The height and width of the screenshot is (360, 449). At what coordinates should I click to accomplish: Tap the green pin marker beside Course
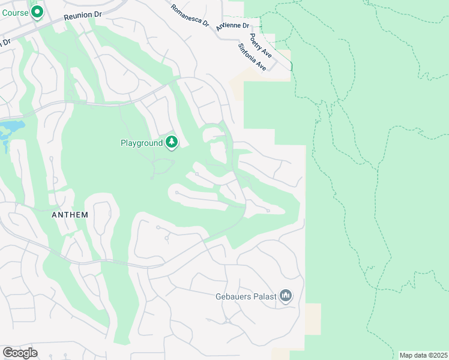(x=37, y=11)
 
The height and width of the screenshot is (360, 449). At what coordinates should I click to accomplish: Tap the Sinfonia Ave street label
(x=252, y=57)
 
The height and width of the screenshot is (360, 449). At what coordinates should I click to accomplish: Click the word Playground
(x=142, y=143)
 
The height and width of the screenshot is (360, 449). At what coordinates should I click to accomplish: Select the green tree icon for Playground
(x=172, y=142)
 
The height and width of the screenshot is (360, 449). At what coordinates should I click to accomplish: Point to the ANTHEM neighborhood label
(x=70, y=215)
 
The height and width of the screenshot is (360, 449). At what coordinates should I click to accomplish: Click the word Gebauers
(x=234, y=296)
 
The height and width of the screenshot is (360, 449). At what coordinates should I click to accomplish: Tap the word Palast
(x=265, y=296)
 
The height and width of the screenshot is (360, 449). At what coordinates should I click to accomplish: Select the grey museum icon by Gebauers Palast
(x=286, y=296)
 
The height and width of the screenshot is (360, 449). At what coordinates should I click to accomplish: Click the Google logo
(x=20, y=352)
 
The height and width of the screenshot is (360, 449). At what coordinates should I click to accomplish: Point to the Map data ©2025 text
(x=423, y=355)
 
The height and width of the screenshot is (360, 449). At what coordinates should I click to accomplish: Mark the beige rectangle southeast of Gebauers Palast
(x=313, y=319)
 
